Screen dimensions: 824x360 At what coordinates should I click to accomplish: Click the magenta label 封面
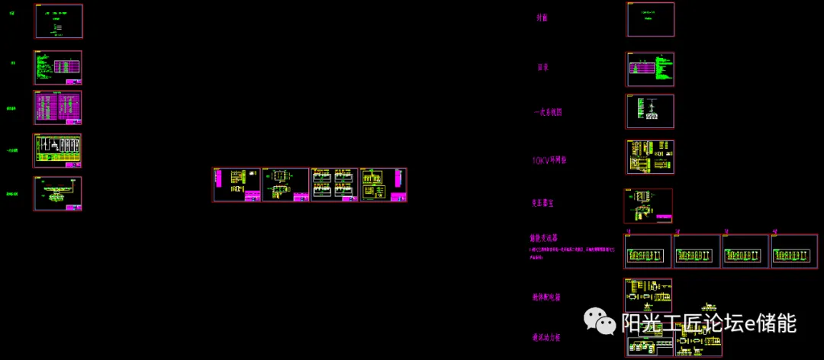542,18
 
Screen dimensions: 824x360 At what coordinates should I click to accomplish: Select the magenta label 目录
543,67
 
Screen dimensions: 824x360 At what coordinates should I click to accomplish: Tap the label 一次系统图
548,112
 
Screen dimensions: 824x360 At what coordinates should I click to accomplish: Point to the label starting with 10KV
549,160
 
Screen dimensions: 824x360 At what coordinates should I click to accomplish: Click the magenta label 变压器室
546,204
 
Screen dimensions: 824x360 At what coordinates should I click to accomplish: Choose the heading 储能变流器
546,238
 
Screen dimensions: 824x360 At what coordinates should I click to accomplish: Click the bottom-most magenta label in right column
546,337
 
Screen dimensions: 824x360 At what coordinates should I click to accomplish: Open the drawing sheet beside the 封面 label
651,19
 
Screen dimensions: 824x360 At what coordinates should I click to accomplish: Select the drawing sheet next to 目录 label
650,69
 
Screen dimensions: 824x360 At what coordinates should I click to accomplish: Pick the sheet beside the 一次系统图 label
650,111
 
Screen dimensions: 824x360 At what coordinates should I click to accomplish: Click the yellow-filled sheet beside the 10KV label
650,157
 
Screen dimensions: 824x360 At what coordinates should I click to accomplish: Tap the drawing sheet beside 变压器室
649,205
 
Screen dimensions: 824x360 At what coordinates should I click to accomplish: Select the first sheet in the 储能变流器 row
648,251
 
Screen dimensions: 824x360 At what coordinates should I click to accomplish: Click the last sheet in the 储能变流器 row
794,251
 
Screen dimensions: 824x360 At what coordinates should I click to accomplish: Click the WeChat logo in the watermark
600,322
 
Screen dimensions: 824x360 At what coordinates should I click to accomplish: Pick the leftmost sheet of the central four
237,185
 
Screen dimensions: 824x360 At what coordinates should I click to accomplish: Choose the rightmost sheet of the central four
383,185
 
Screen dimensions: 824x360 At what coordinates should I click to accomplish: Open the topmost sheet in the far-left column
59,21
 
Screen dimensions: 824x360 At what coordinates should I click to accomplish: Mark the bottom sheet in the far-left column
57,194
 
